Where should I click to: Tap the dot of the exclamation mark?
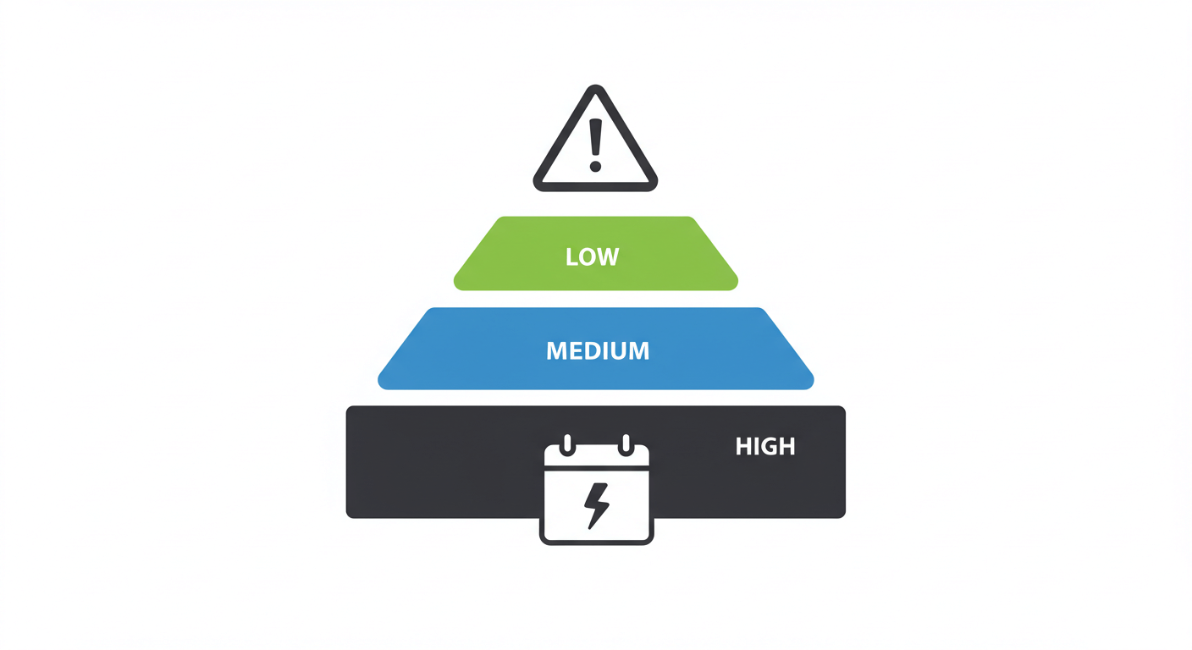[595, 166]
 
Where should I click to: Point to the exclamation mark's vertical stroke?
[595, 137]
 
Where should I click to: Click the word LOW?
[593, 256]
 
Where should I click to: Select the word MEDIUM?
[598, 350]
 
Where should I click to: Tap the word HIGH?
[765, 447]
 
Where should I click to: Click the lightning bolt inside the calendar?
[596, 505]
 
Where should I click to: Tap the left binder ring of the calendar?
[567, 443]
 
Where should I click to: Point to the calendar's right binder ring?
[626, 443]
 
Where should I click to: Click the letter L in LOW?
[571, 256]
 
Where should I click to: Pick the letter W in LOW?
[610, 256]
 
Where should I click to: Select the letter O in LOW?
[588, 256]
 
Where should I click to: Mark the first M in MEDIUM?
[556, 350]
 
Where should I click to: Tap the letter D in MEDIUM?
[593, 350]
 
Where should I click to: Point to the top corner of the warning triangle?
[595, 88]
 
